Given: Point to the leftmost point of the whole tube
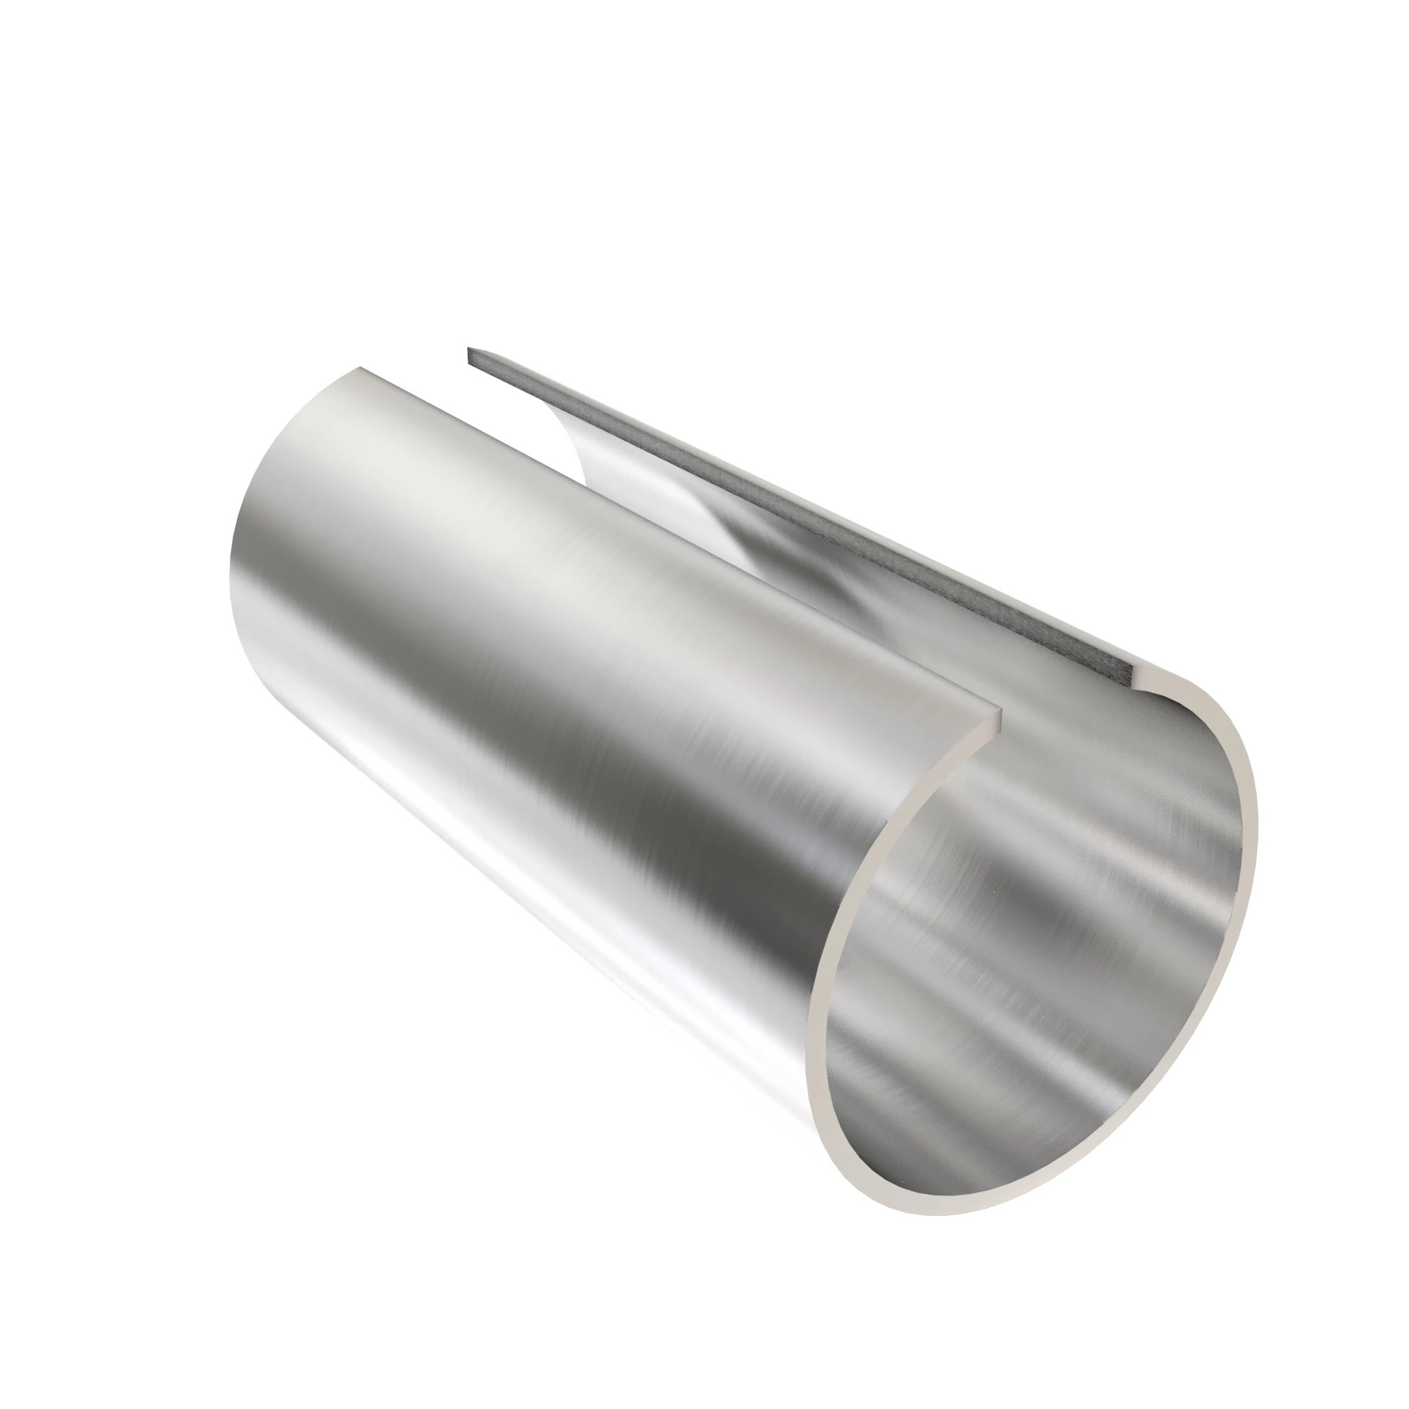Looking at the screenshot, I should tap(229, 583).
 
